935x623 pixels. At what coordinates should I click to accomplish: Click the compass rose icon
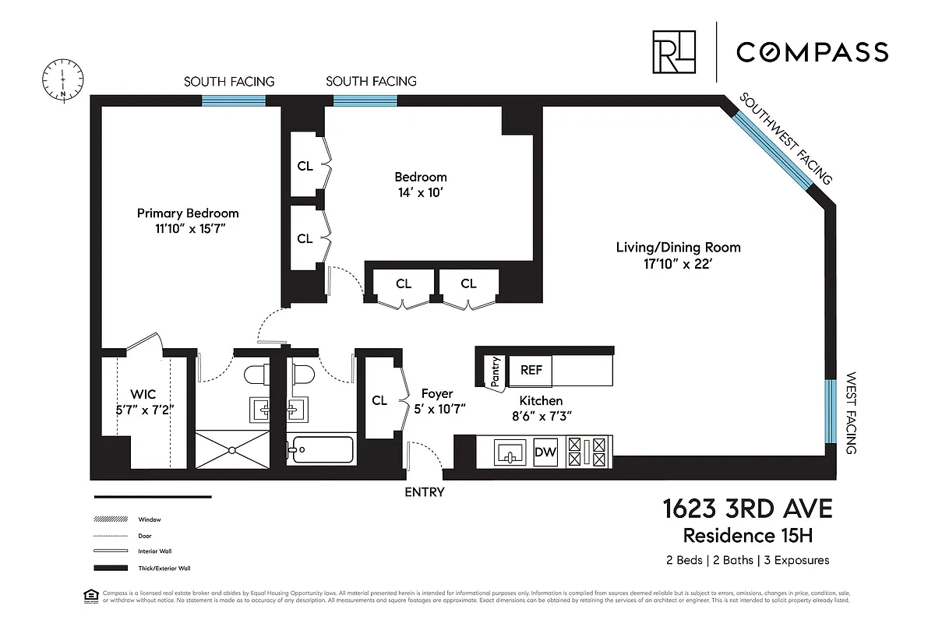pos(63,79)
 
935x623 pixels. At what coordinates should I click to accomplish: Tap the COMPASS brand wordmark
pos(812,52)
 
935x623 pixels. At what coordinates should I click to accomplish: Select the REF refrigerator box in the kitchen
pos(531,371)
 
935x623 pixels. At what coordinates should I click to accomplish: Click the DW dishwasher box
pos(545,452)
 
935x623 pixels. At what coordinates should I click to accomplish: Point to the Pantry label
pos(495,371)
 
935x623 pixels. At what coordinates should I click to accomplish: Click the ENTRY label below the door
pos(425,492)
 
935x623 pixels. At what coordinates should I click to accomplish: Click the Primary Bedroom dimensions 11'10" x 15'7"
pos(188,229)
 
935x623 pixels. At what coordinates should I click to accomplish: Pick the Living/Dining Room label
pos(678,248)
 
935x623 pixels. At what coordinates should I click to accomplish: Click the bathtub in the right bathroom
pos(322,451)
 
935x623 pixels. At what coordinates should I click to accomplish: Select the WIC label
pos(143,395)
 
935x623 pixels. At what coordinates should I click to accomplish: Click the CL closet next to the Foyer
pos(379,400)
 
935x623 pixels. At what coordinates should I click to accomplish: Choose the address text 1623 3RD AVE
pos(746,510)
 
